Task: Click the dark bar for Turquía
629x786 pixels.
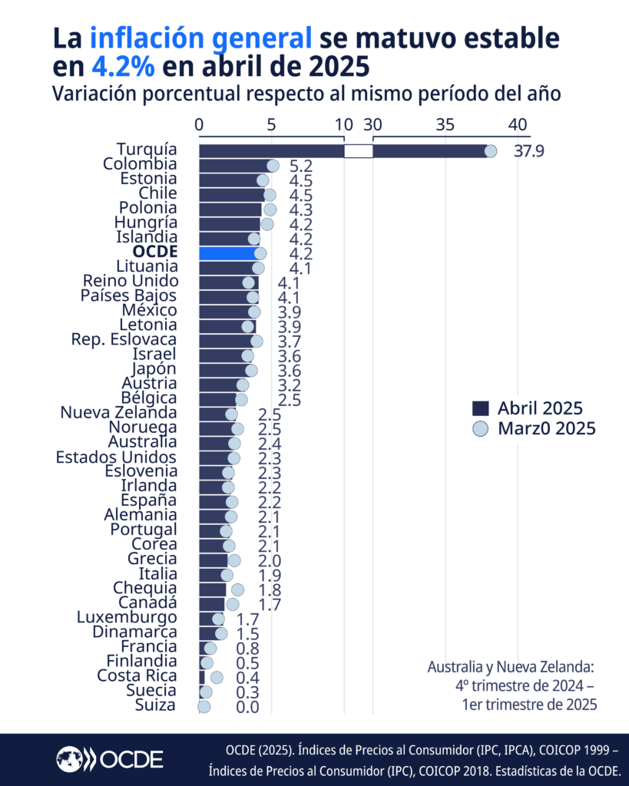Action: pos(269,150)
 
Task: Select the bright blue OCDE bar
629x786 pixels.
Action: pos(227,253)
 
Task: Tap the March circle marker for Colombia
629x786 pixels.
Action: pos(273,166)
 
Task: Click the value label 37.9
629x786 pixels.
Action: pos(528,151)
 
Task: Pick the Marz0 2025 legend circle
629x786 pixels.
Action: pos(481,429)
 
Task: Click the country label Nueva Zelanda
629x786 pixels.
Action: pos(118,413)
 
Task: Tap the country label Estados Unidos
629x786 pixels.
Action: pos(116,457)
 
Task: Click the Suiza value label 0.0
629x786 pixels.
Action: pos(247,707)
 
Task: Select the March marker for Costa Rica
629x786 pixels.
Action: pos(217,677)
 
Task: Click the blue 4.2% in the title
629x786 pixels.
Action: pos(123,67)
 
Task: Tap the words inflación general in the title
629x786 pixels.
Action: pos(201,37)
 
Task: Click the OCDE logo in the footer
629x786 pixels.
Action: pos(109,759)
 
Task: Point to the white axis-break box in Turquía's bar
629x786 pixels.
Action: pos(358,151)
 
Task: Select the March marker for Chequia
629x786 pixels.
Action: pos(237,589)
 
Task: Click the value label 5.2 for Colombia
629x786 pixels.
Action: pos(300,166)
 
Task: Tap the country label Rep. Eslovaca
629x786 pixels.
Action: pos(124,339)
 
